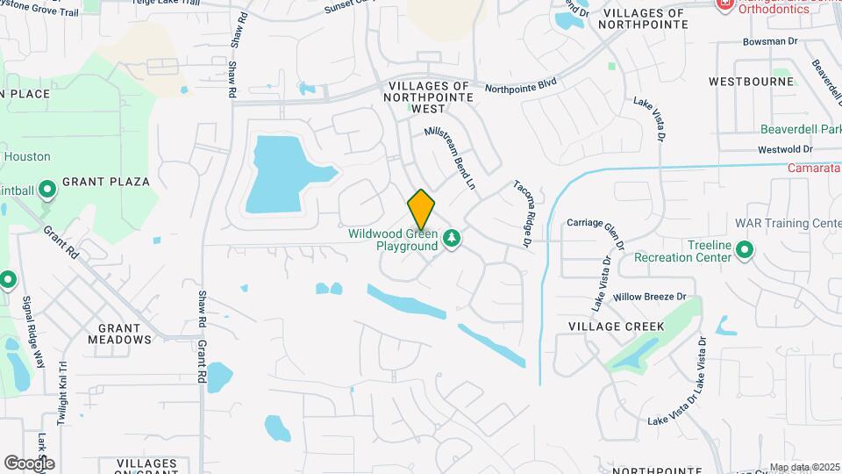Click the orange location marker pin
421,209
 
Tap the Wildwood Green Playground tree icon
452,238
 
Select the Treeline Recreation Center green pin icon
745,251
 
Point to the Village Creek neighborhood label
616,327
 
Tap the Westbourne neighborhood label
751,82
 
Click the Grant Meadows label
119,333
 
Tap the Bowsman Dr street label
747,41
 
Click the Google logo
29,463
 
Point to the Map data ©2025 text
803,467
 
